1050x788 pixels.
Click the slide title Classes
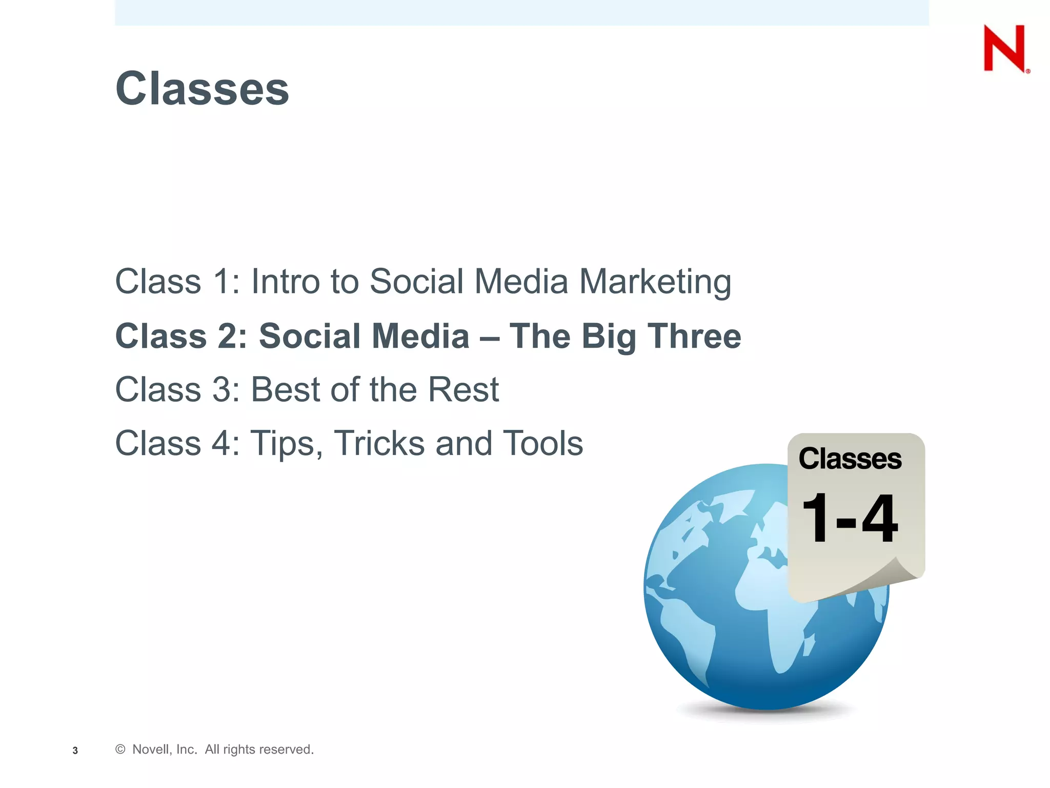pos(202,89)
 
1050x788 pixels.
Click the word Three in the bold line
pos(694,336)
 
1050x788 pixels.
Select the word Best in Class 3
pos(285,389)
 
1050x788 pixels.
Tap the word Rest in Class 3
pos(463,389)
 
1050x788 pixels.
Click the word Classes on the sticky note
pos(850,459)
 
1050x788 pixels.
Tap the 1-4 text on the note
pos(850,518)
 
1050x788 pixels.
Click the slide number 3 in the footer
pos(75,751)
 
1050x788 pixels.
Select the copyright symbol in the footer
pos(120,750)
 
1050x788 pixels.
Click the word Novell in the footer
pos(150,750)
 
